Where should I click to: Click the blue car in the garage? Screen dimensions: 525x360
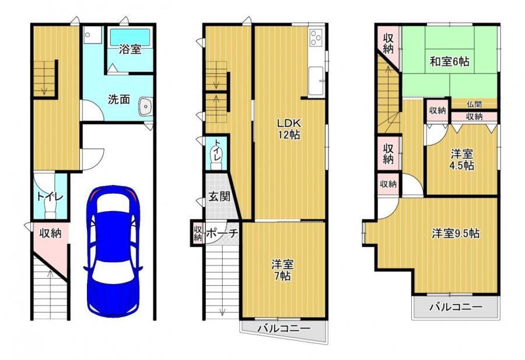[x=113, y=251]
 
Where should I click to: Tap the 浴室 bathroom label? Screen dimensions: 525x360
[x=130, y=50]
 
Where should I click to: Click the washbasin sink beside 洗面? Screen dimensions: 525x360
[x=145, y=107]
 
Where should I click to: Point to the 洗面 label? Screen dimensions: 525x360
[x=119, y=99]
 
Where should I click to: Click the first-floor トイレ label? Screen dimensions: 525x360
[x=50, y=197]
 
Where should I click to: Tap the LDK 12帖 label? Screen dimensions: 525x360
[x=289, y=128]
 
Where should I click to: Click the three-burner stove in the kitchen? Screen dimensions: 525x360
[x=316, y=37]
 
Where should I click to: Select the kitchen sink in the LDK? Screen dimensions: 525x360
[x=316, y=81]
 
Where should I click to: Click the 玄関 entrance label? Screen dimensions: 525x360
[x=219, y=196]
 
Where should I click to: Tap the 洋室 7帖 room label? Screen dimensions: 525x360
[x=282, y=270]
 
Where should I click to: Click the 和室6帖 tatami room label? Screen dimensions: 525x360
[x=450, y=62]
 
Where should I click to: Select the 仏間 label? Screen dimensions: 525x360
[x=474, y=104]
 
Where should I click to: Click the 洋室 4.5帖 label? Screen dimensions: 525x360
[x=462, y=160]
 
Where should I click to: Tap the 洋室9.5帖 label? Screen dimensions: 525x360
[x=456, y=233]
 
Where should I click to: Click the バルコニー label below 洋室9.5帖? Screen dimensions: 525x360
[x=456, y=307]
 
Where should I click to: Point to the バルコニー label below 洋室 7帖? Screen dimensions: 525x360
[x=284, y=328]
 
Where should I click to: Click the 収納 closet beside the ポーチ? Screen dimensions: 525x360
[x=198, y=233]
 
